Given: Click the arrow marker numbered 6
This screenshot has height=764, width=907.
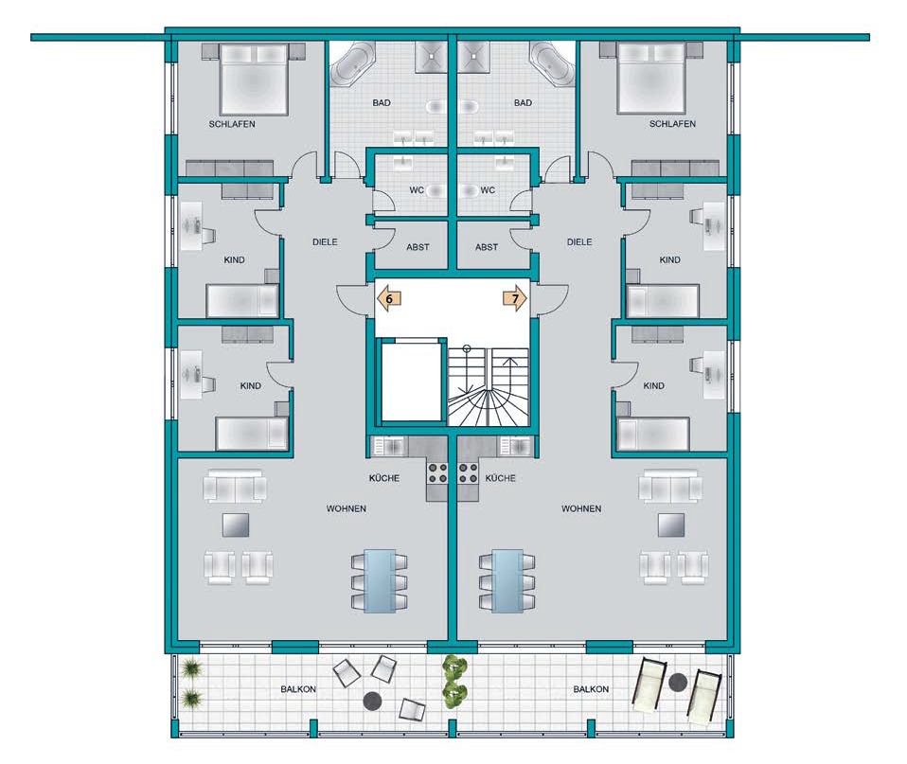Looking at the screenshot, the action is (x=389, y=299).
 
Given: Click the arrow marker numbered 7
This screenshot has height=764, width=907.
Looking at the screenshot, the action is (x=514, y=299).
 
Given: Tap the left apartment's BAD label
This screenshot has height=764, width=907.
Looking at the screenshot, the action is (x=382, y=103).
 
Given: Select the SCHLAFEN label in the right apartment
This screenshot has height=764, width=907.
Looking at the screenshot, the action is (x=672, y=124).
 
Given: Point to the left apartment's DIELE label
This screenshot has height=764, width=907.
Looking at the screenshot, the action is (x=325, y=242).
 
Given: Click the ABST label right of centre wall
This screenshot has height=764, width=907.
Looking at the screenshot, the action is (x=487, y=247).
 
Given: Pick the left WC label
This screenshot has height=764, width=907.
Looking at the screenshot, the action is (x=417, y=189).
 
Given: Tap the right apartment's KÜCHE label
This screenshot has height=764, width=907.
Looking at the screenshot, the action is (x=500, y=478).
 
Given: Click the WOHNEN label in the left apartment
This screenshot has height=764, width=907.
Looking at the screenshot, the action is (x=346, y=509).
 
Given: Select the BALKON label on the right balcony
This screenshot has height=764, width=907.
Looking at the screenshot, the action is (x=591, y=689).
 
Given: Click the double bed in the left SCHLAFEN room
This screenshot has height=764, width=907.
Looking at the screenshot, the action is (x=254, y=79).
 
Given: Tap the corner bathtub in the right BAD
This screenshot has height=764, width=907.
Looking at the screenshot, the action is (x=552, y=64).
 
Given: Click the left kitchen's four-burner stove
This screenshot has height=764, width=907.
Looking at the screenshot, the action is (x=437, y=472).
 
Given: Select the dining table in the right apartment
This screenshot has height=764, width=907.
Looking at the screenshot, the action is (x=507, y=580).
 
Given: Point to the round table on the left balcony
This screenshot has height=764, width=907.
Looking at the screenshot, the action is (x=372, y=702).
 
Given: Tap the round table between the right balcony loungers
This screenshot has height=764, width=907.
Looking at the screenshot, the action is (x=677, y=683).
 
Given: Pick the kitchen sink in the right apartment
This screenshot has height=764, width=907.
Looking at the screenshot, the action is (x=515, y=447).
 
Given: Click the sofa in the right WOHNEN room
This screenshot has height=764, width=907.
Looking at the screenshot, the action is (x=670, y=486).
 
